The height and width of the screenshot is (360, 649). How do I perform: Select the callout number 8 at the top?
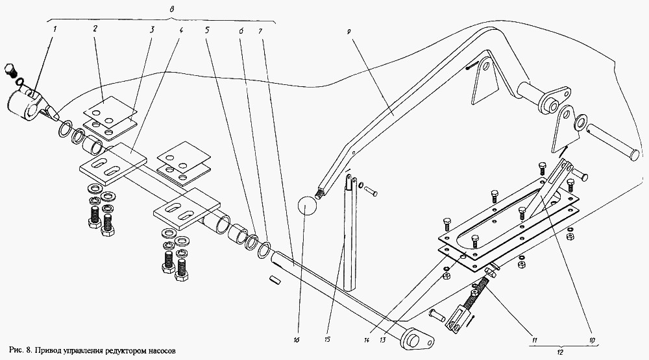tap(171, 8)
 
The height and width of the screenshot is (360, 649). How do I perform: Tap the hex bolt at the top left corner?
tap(11, 71)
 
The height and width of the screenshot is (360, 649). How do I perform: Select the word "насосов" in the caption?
tap(158, 351)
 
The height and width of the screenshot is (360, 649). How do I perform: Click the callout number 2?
tap(95, 29)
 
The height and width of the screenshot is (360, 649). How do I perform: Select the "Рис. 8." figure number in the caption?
tap(23, 351)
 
